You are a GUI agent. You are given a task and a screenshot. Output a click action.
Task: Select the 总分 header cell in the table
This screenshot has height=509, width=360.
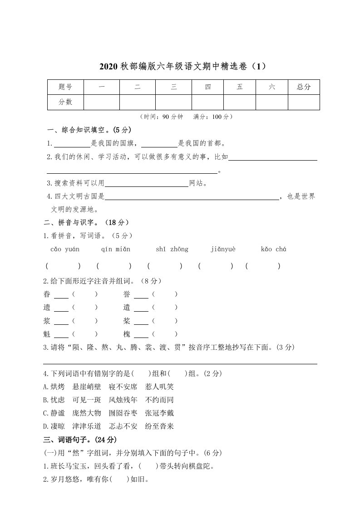click(304, 87)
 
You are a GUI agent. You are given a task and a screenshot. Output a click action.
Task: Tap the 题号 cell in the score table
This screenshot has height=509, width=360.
click(65, 87)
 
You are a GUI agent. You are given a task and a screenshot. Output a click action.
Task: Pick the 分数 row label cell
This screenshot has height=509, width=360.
click(65, 102)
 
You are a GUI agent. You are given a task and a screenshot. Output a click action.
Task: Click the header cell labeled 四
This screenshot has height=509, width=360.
click(207, 87)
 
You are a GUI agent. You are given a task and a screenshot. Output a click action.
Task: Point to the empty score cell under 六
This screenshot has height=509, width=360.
click(271, 102)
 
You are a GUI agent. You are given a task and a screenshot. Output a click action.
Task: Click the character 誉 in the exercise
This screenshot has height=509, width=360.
click(127, 294)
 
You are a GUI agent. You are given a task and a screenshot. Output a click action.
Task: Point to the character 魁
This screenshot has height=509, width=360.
click(47, 334)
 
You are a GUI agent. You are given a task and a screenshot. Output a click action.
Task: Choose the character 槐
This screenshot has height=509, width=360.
click(127, 334)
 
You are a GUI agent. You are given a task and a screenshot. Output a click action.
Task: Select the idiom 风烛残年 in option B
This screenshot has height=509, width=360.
click(123, 400)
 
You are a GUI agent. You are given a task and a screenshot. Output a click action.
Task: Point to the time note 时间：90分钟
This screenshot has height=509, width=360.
click(163, 117)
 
